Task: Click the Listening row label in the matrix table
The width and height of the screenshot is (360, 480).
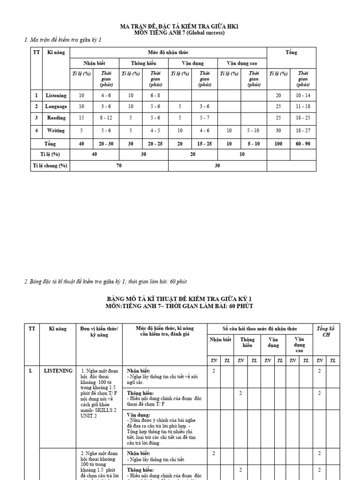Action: (x=56, y=95)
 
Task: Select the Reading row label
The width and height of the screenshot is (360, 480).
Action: (x=56, y=118)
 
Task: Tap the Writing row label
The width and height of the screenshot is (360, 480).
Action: (x=56, y=130)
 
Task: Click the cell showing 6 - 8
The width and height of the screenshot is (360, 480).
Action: (x=155, y=95)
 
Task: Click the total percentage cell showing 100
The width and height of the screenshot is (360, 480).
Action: (x=278, y=143)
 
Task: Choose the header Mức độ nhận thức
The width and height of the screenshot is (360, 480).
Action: (x=168, y=52)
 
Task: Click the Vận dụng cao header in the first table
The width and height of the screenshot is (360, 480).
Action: (x=242, y=63)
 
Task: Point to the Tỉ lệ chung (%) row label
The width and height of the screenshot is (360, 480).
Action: (x=50, y=165)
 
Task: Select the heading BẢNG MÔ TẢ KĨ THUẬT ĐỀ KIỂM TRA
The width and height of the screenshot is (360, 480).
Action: (x=180, y=299)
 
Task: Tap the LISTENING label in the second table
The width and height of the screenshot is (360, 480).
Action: (x=58, y=371)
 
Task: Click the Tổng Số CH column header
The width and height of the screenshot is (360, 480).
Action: (x=326, y=332)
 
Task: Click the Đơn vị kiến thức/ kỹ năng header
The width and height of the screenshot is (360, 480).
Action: (x=99, y=332)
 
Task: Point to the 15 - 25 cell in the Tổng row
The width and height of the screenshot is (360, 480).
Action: (x=204, y=143)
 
